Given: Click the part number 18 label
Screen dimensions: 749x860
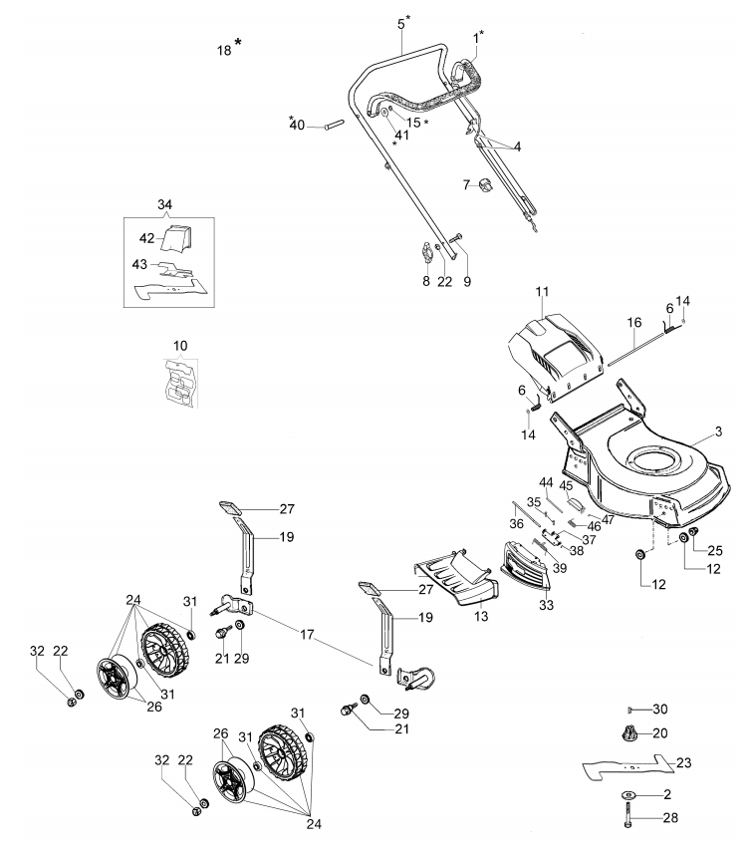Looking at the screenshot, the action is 224,51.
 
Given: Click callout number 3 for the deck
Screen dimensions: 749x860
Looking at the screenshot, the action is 719,431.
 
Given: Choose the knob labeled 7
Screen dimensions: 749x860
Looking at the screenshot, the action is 484,185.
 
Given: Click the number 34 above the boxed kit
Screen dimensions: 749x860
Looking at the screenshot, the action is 164,204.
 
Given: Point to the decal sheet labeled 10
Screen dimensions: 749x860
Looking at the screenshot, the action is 180,383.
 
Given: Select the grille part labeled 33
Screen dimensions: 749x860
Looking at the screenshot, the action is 525,562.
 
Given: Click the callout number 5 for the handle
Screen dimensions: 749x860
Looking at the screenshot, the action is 401,24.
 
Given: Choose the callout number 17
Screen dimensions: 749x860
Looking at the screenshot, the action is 307,635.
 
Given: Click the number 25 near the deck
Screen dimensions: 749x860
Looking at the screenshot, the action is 715,550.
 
